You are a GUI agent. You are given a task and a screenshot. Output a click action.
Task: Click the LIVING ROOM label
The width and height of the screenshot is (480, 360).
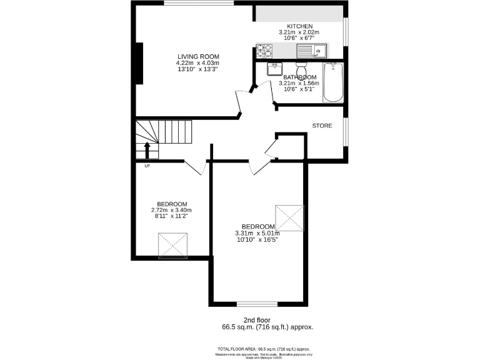197,56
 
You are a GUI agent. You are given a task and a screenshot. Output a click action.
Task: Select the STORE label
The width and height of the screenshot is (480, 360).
322,126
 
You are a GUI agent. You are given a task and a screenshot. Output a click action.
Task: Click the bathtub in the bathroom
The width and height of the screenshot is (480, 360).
332,82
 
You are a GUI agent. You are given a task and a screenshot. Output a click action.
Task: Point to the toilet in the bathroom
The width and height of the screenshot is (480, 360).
301,68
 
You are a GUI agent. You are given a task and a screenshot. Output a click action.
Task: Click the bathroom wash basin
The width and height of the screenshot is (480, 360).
275,69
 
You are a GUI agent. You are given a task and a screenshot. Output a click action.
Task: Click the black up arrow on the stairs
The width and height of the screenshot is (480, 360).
147,150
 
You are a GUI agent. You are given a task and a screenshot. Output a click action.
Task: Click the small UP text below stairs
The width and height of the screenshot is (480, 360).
147,166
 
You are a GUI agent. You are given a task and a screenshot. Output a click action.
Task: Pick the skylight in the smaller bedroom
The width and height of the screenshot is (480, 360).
173,245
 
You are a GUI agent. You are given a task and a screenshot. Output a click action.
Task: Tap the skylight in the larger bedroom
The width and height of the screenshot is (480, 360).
289,217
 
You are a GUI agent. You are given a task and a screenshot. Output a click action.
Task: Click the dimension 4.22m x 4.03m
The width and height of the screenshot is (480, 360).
197,62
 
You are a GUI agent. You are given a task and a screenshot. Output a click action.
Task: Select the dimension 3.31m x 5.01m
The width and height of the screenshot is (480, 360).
258,233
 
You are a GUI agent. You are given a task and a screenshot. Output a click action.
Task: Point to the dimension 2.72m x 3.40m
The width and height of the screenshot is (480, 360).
172,210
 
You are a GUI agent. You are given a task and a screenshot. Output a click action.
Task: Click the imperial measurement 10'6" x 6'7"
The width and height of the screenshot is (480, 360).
299,38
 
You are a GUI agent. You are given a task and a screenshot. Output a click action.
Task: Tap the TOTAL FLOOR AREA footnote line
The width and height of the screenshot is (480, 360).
263,349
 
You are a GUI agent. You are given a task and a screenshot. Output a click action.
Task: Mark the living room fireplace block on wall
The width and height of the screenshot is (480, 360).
140,62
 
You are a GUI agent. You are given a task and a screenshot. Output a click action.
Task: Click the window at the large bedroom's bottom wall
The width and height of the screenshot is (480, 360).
257,304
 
